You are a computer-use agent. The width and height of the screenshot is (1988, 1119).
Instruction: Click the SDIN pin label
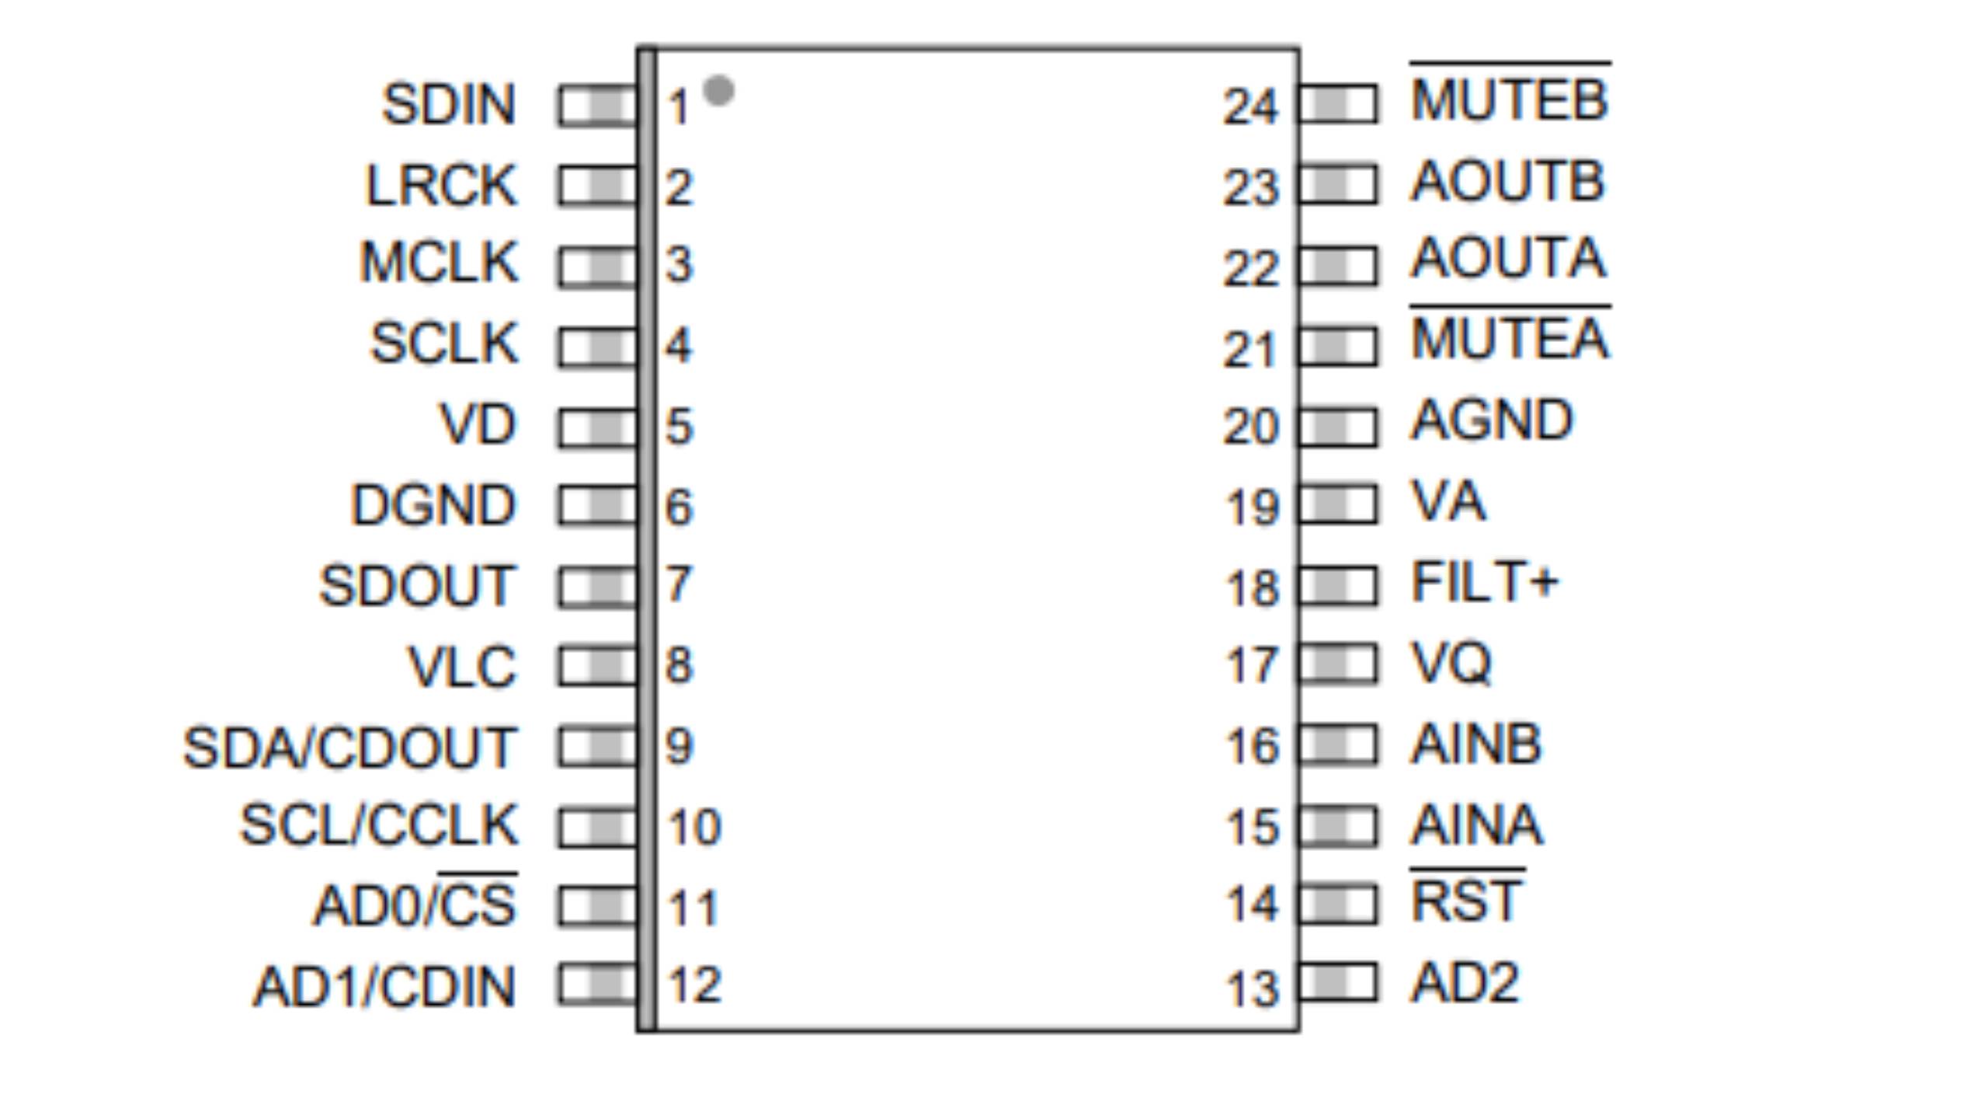click(449, 104)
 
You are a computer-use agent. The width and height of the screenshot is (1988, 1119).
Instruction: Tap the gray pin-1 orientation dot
click(718, 90)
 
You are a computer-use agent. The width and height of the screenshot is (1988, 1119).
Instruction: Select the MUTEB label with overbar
click(1510, 93)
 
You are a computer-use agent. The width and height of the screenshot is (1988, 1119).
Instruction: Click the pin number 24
click(1250, 106)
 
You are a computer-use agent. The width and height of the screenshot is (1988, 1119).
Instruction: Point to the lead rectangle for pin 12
click(596, 984)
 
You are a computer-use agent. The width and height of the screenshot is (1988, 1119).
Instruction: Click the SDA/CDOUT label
click(349, 748)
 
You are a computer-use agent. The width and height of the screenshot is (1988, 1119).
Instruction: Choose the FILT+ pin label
click(1484, 582)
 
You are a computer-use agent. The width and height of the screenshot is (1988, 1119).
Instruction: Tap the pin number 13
click(1252, 989)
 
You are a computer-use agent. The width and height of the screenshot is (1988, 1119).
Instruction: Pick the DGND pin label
click(433, 505)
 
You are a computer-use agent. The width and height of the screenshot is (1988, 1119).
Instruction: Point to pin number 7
click(679, 584)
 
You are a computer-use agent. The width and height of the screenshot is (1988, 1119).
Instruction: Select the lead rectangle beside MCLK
click(596, 267)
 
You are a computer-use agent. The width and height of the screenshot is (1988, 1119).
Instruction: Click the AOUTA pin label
click(1508, 257)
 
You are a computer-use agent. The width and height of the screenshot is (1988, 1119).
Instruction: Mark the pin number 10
click(695, 826)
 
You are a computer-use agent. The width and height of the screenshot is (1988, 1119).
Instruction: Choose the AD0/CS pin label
click(415, 901)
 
